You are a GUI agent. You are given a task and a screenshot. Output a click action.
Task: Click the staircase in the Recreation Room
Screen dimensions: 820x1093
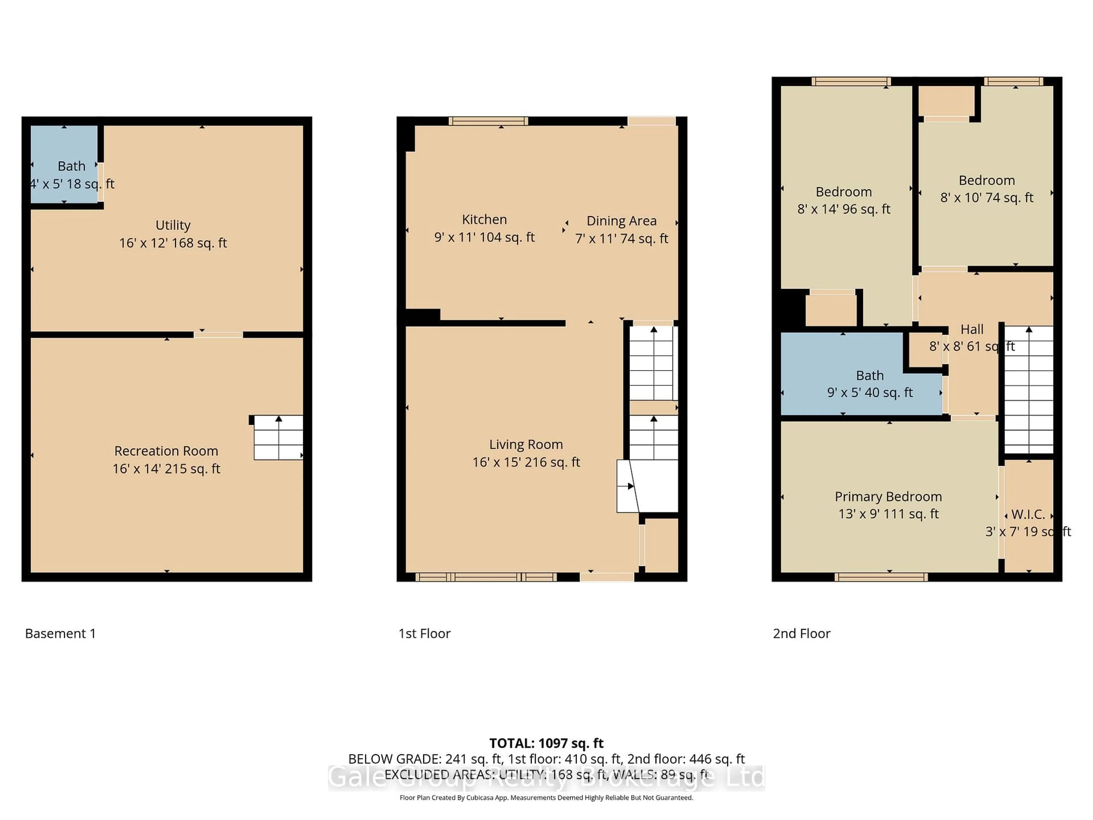tap(278, 437)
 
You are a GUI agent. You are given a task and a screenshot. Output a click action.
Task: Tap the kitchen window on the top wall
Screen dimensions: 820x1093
tap(488, 121)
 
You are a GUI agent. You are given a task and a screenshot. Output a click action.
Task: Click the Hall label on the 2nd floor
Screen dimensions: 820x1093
tap(971, 329)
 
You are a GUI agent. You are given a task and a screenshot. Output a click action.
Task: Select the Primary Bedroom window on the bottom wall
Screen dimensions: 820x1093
tap(881, 577)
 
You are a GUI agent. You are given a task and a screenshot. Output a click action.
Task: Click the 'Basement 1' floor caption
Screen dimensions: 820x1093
tap(60, 634)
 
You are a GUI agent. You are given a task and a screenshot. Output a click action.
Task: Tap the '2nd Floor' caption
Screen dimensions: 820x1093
tap(802, 634)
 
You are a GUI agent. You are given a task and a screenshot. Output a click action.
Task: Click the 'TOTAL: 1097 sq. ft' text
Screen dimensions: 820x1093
tap(546, 743)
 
